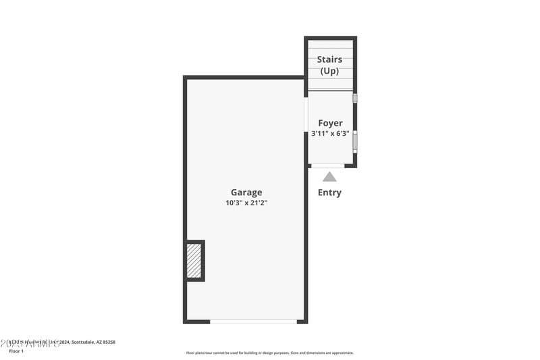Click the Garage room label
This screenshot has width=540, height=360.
(x=246, y=192)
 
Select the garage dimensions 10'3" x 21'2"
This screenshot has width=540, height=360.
(x=246, y=203)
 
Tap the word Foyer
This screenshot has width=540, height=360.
(x=330, y=124)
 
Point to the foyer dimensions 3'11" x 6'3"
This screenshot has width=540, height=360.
(x=330, y=134)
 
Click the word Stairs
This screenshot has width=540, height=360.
(x=329, y=59)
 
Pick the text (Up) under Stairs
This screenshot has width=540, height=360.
(x=329, y=70)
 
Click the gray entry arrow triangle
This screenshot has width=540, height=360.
(x=329, y=177)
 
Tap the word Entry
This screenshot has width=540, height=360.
(x=329, y=192)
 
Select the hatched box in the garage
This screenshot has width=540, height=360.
(x=194, y=261)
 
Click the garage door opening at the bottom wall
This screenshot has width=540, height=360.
(x=253, y=322)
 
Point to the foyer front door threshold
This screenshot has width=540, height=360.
(x=327, y=165)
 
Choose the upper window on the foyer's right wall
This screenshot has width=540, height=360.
(x=355, y=98)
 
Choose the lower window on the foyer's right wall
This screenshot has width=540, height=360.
(x=355, y=141)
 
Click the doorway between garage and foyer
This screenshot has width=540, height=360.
(x=306, y=115)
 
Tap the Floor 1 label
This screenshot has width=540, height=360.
(x=16, y=351)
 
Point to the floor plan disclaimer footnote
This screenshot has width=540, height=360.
(x=269, y=353)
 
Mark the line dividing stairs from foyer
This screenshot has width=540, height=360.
(x=330, y=91)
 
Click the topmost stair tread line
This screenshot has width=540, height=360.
(x=330, y=48)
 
